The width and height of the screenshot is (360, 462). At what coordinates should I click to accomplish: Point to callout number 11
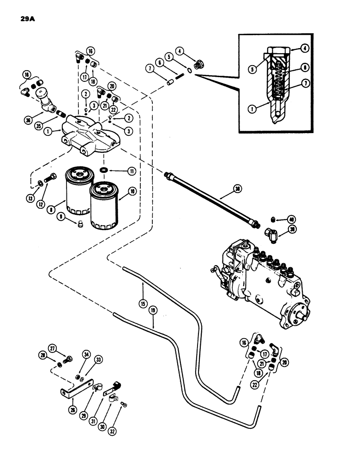[132, 171]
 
